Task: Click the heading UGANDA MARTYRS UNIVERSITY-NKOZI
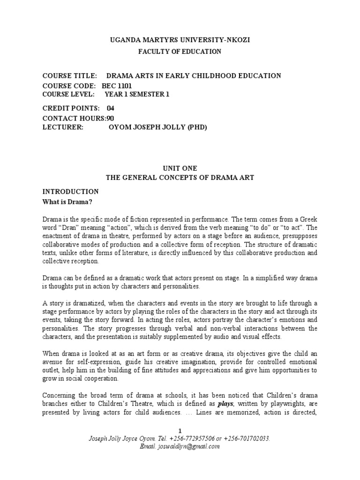click(x=180, y=41)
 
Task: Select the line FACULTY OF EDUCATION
click(x=180, y=52)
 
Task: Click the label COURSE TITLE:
click(x=69, y=75)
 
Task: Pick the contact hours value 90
click(x=110, y=118)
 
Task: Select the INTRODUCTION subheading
click(x=70, y=191)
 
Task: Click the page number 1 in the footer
click(x=180, y=431)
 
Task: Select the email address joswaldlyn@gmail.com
click(x=193, y=446)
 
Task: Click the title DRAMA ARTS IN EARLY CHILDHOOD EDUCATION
click(x=194, y=75)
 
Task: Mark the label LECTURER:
click(x=63, y=127)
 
